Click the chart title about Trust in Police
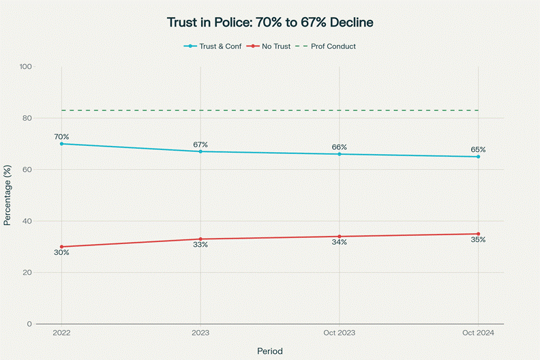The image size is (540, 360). click(x=270, y=22)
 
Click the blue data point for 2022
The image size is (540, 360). click(x=61, y=144)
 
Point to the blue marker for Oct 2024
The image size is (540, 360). click(x=478, y=157)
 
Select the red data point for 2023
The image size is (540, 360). click(x=200, y=239)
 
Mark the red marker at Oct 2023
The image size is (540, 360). click(x=340, y=237)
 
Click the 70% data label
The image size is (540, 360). click(x=61, y=137)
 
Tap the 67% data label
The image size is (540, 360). click(x=200, y=145)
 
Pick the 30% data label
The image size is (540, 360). click(x=61, y=252)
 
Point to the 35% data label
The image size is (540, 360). click(x=478, y=240)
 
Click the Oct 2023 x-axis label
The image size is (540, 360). click(x=340, y=333)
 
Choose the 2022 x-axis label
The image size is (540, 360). click(x=61, y=333)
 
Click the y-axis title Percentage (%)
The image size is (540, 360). click(x=8, y=195)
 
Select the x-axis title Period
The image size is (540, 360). click(x=270, y=350)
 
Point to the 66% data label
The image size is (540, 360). click(x=340, y=147)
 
